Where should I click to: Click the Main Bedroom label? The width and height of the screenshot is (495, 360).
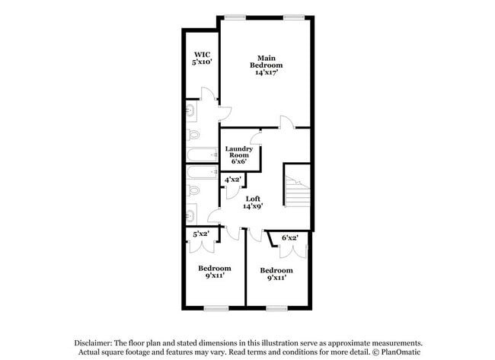(x=266, y=62)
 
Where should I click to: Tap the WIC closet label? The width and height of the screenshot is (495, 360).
(x=201, y=55)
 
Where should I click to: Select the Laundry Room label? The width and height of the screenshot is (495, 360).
(x=239, y=151)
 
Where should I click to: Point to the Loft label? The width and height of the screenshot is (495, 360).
(x=253, y=199)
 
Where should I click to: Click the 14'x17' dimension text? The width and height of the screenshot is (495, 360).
(x=267, y=72)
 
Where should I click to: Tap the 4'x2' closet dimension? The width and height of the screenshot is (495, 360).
(x=233, y=180)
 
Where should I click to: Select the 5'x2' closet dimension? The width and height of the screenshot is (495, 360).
(x=201, y=234)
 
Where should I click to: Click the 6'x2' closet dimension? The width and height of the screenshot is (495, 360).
(x=290, y=237)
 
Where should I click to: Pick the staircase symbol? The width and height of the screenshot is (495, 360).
(x=298, y=191)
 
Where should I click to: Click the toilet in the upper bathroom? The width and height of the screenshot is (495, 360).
(x=193, y=135)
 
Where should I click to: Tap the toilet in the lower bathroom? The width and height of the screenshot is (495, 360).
(x=193, y=190)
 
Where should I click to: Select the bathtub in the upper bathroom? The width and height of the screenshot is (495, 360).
(x=202, y=155)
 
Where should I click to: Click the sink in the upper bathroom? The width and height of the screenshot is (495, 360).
(x=191, y=111)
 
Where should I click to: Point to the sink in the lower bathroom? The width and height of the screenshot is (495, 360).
(x=191, y=214)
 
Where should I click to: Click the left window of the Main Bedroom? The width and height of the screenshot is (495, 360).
(x=235, y=18)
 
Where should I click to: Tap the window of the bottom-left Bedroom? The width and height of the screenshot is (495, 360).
(x=216, y=308)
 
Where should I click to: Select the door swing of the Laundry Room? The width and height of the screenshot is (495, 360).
(x=256, y=137)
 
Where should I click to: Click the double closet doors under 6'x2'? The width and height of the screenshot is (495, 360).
(x=293, y=251)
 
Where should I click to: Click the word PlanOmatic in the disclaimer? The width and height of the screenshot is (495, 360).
(x=401, y=352)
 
